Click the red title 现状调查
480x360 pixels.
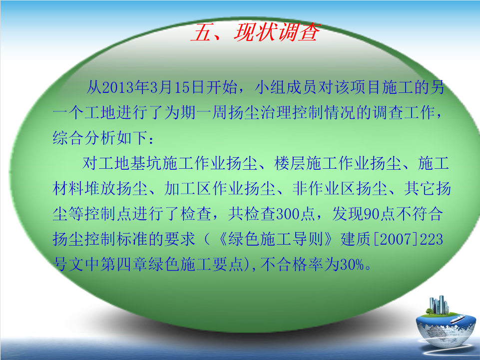(x=277, y=32)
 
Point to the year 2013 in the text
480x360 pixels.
(x=118, y=88)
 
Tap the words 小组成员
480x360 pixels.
(x=286, y=88)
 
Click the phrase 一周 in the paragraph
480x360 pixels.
(x=212, y=113)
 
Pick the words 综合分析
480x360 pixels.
(x=84, y=138)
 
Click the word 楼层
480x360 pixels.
(x=290, y=163)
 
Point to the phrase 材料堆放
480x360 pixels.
(x=84, y=188)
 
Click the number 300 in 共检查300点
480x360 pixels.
(x=287, y=214)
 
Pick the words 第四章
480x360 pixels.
(x=116, y=264)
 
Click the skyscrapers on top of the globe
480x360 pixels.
(x=439, y=305)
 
